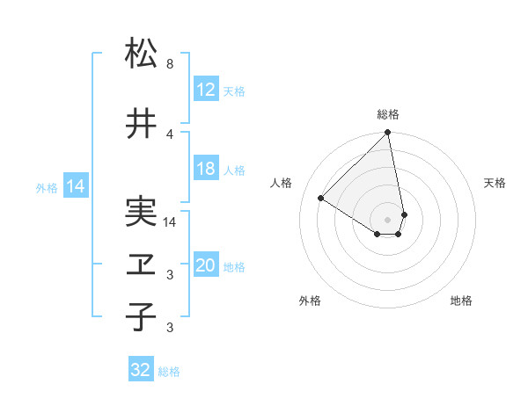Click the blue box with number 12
click(x=205, y=90)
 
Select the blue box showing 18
click(x=205, y=169)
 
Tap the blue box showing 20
click(x=205, y=265)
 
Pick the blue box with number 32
click(x=141, y=370)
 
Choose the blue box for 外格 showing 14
click(x=75, y=186)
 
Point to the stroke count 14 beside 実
click(x=171, y=222)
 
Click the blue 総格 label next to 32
click(x=169, y=372)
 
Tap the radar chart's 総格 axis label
click(x=388, y=114)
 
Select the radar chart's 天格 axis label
click(x=495, y=183)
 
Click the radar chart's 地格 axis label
click(x=461, y=301)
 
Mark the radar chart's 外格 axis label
click(x=310, y=301)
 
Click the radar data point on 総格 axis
click(x=388, y=134)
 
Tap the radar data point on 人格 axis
click(x=321, y=199)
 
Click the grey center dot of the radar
click(x=388, y=220)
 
